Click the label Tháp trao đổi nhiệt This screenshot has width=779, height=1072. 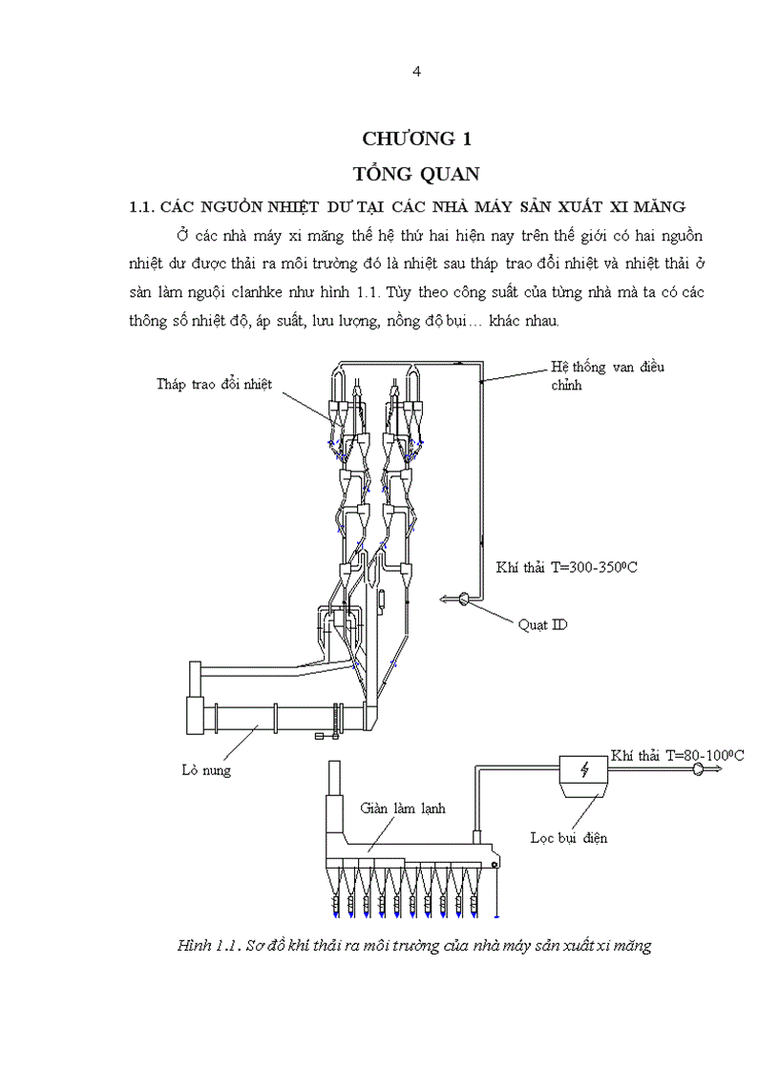215,385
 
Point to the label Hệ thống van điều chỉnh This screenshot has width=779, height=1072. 607,375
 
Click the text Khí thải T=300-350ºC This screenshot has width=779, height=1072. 567,568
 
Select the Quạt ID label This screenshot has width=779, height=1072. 542,624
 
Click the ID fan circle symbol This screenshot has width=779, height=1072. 462,599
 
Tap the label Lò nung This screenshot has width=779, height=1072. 206,768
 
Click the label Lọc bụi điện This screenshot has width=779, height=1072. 569,838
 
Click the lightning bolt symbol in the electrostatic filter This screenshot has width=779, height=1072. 584,770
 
